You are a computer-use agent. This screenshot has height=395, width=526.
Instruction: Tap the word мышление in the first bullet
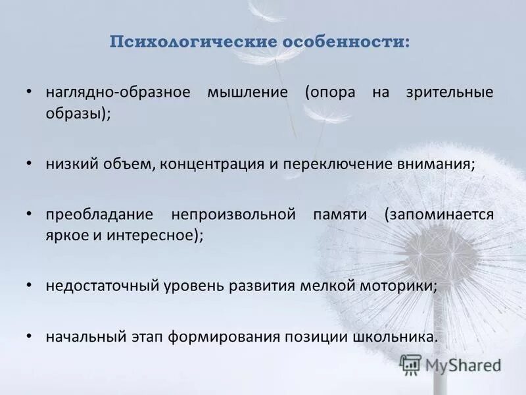[x=248, y=92]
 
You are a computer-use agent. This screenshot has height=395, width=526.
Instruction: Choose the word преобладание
[x=99, y=215]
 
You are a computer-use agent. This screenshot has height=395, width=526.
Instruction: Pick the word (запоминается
[x=439, y=215]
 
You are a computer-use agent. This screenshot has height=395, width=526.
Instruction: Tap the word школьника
[x=394, y=336]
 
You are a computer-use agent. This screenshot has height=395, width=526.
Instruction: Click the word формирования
[x=224, y=336]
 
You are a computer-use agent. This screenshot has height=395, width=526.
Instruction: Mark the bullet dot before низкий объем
[x=28, y=162]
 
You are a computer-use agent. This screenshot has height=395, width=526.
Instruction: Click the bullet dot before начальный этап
[x=28, y=335]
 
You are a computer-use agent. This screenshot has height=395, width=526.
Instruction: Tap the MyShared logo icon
[x=411, y=365]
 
